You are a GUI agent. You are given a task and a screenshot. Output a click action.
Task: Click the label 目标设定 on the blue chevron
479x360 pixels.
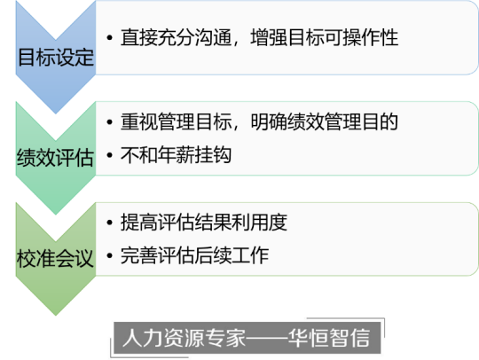click(56, 57)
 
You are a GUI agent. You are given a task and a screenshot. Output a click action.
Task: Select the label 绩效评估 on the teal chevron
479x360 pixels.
click(55, 158)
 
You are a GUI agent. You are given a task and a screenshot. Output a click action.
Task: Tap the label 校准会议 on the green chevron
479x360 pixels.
click(55, 258)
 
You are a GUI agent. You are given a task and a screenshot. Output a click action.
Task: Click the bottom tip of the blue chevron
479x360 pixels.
click(56, 113)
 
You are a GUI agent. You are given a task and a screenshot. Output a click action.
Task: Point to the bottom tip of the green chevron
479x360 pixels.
click(56, 315)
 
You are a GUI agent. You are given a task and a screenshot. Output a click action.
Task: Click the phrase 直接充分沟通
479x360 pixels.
click(176, 37)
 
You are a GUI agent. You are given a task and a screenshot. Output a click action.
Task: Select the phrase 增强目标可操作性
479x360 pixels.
click(325, 37)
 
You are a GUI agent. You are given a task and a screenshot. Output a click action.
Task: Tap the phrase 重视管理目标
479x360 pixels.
click(176, 121)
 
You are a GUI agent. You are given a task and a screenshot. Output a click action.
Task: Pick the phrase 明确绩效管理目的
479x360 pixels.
click(325, 121)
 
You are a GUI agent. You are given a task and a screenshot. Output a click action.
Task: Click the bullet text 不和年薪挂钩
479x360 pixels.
click(176, 155)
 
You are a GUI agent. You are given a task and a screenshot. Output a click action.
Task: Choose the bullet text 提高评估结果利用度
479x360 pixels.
click(204, 223)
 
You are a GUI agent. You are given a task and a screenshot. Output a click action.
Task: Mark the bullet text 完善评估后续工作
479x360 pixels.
click(194, 255)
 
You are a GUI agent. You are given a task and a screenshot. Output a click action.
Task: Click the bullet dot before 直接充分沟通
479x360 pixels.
click(110, 38)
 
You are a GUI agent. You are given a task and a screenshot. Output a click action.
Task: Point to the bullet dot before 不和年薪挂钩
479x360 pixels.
click(110, 155)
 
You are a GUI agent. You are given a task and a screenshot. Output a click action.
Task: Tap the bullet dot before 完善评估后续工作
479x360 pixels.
click(110, 255)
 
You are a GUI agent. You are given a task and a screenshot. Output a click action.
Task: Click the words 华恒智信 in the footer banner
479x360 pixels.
click(329, 338)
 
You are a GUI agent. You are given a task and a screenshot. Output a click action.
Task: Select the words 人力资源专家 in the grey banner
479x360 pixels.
click(184, 338)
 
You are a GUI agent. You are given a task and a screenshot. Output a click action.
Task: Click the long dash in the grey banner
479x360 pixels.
click(267, 338)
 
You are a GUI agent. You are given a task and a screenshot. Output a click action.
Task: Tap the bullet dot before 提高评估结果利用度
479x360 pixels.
click(110, 223)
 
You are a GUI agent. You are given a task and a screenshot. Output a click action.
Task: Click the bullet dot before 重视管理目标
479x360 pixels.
click(110, 121)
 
